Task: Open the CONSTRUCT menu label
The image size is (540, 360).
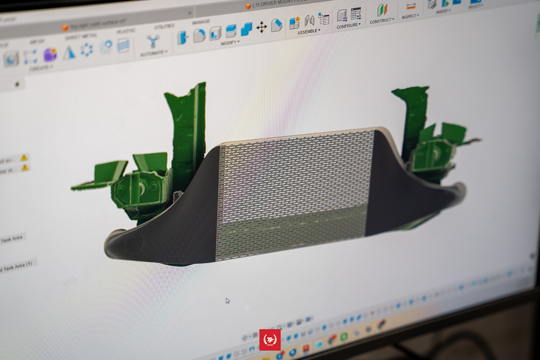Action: pos(381,21)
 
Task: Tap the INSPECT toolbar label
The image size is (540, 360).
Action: pos(410,17)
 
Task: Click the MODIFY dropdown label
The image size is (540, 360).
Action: pos(229,43)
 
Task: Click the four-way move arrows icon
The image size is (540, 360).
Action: pos(262,27)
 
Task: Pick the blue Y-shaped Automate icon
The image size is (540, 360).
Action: pos(153,41)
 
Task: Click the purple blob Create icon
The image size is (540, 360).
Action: pos(50,54)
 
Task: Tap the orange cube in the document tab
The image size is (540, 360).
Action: pos(248,6)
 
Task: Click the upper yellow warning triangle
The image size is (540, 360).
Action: pos(24,157)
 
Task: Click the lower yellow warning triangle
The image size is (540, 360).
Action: pos(25,167)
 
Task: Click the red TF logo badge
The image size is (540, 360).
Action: pos(270,340)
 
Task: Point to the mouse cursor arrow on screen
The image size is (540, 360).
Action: pos(227,301)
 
